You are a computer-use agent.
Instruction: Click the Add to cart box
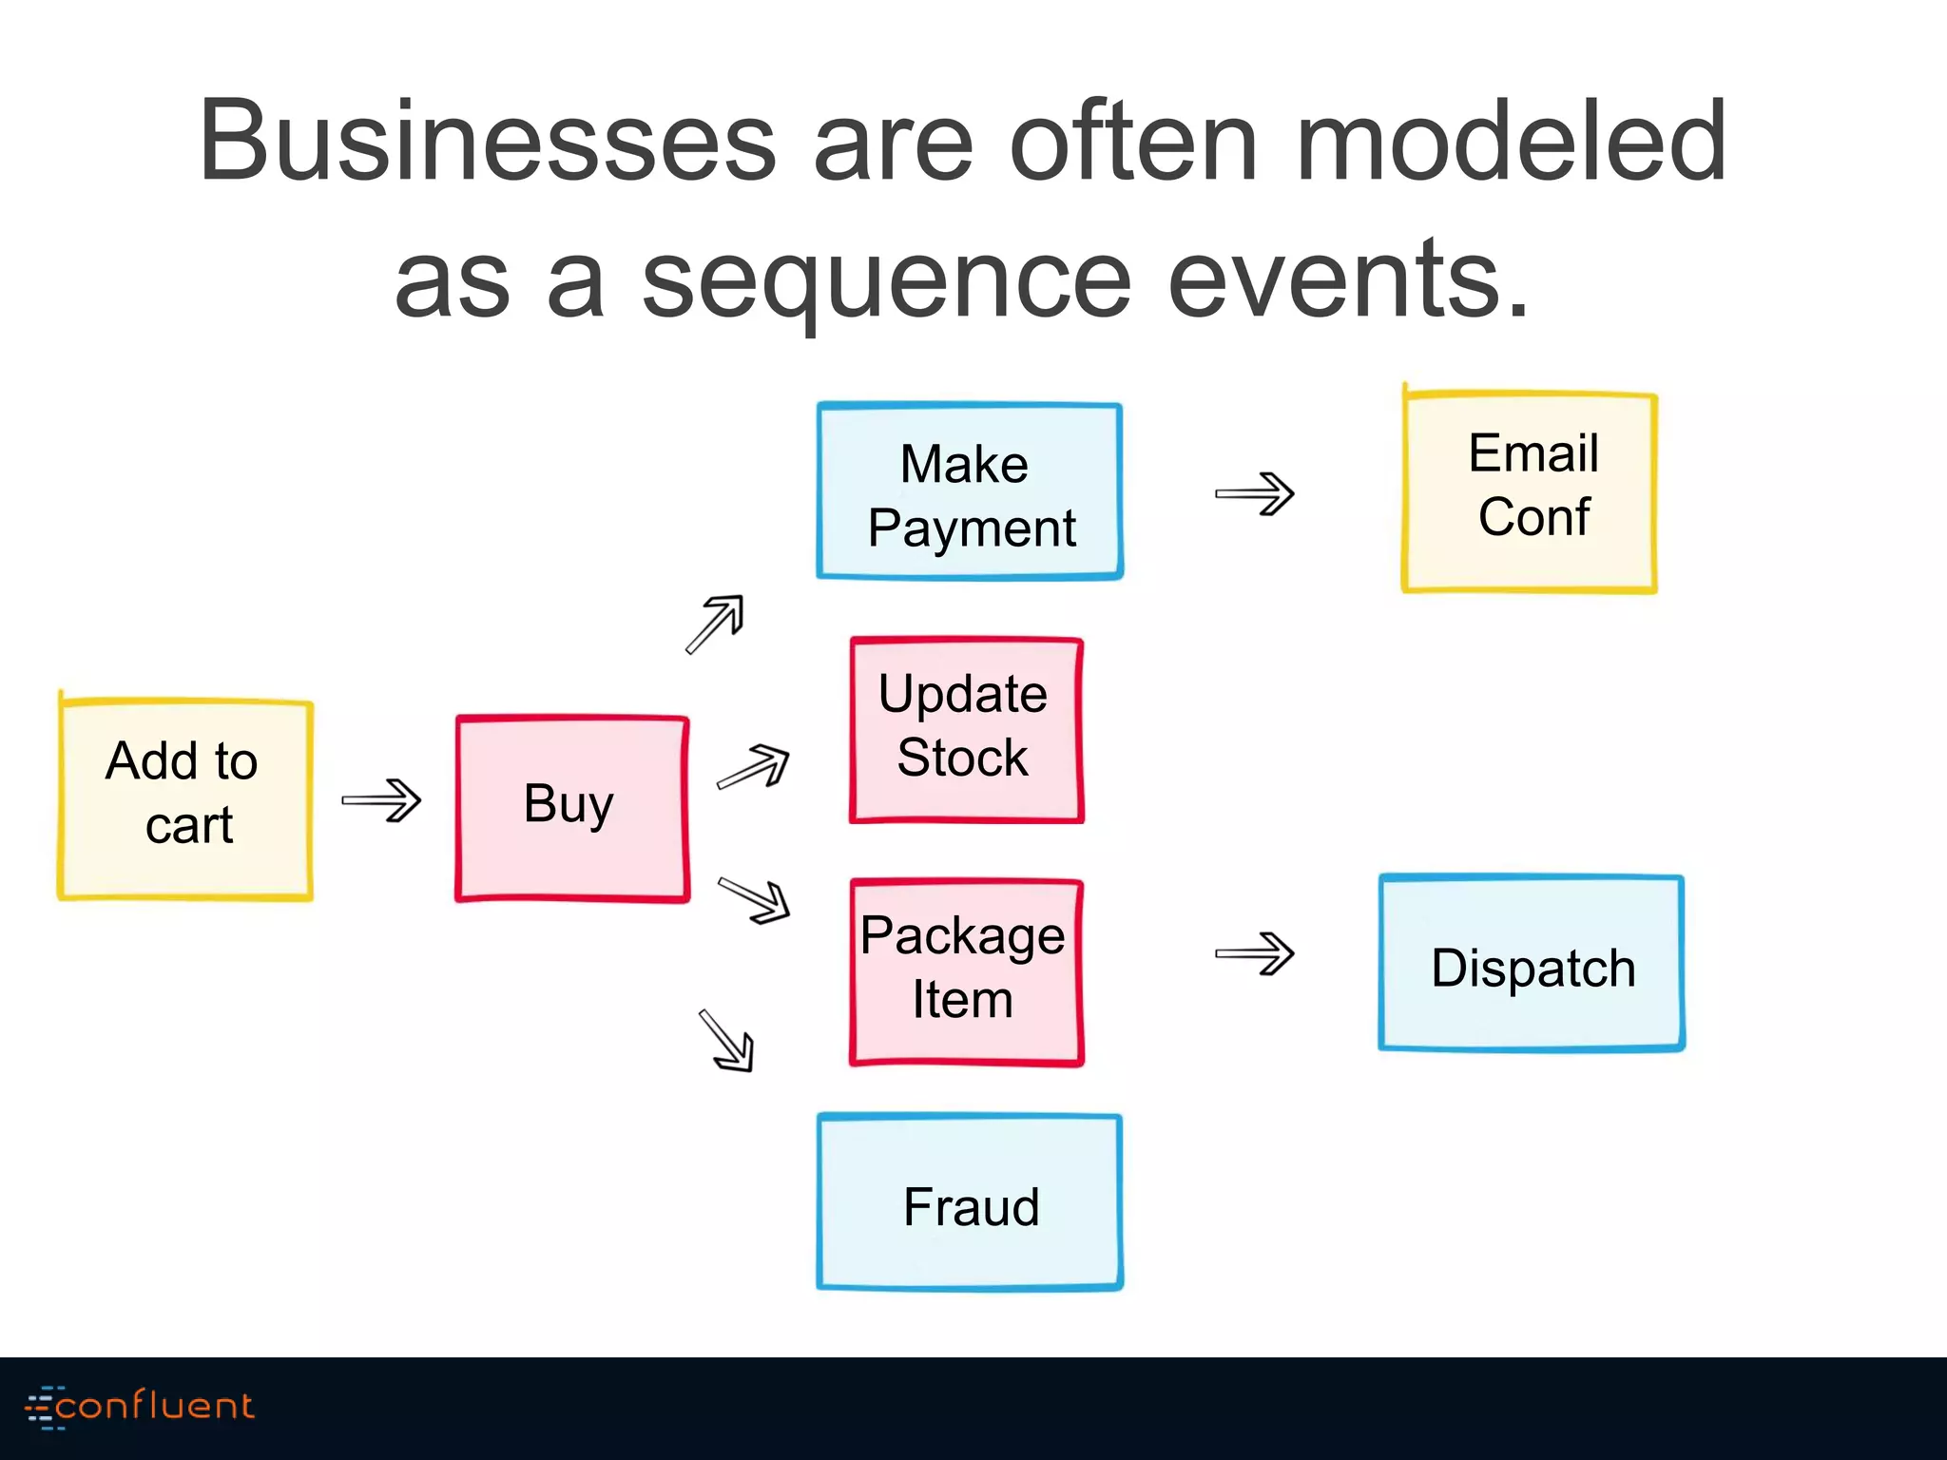[185, 798]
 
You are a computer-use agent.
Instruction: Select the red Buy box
[572, 807]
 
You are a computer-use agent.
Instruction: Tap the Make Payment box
[970, 491]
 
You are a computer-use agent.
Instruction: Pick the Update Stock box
[966, 729]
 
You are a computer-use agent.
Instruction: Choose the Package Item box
[966, 971]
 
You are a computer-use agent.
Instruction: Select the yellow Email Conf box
[1530, 492]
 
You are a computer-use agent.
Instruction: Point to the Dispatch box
[1532, 963]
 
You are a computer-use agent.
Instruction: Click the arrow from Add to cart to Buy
[382, 800]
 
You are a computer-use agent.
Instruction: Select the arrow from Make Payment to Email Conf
[1255, 493]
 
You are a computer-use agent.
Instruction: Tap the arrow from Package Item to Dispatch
[1255, 953]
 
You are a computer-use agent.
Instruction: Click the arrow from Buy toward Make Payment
[716, 624]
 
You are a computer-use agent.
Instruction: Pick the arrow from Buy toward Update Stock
[754, 766]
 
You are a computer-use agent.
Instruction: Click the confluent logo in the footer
[141, 1407]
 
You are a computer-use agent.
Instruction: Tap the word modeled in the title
[1512, 143]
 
